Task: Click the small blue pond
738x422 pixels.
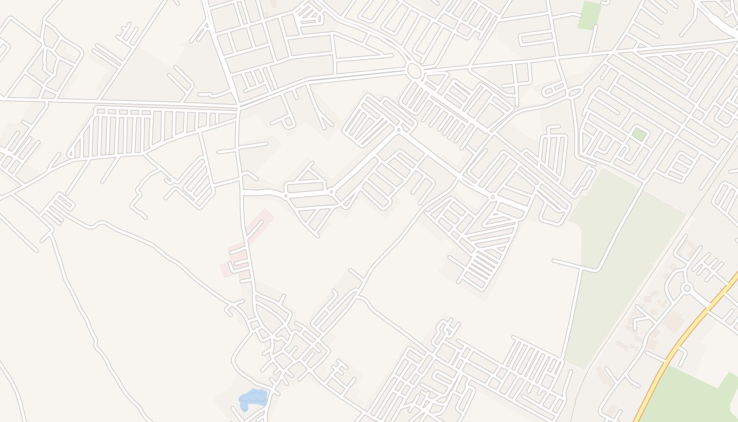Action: click(253, 398)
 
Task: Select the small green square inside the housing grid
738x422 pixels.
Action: click(639, 133)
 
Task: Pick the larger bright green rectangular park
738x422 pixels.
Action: click(589, 15)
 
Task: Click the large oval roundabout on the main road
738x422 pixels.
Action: click(414, 71)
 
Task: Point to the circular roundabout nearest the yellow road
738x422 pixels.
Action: click(686, 288)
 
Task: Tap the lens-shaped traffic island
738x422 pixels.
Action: click(575, 93)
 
